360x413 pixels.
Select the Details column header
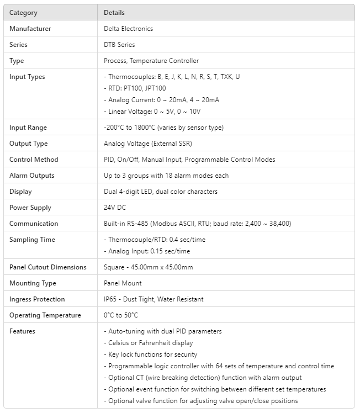114,13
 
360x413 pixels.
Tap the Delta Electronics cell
128,29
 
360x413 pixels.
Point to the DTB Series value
119,45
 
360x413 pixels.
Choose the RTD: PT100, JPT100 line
135,88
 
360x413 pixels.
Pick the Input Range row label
28,128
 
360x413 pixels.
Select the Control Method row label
34,160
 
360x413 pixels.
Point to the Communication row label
34,224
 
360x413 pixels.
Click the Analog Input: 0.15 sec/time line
147,251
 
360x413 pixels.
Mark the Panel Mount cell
123,283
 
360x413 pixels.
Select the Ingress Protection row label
37,299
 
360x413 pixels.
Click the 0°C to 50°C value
121,315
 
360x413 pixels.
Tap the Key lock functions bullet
150,354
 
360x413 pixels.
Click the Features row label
22,331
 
